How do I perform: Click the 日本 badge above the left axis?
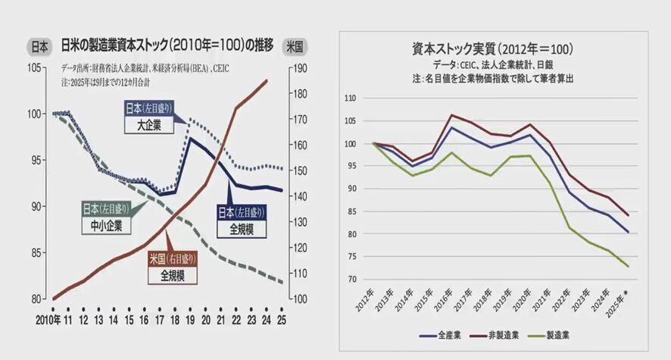pyautogui.click(x=39, y=46)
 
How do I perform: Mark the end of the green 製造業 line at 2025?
pyautogui.click(x=628, y=266)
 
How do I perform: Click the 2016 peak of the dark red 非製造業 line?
pyautogui.click(x=451, y=115)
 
